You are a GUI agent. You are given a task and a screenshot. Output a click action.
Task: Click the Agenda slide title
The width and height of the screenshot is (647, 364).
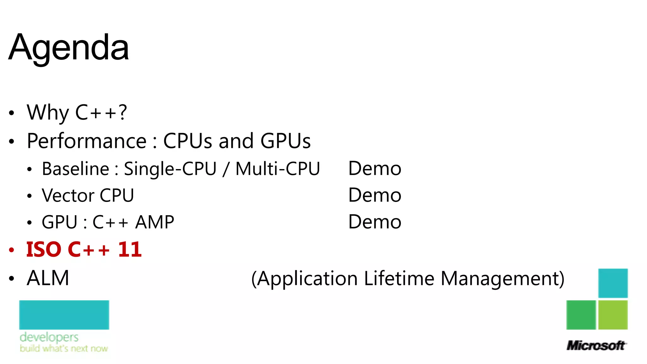pyautogui.click(x=69, y=47)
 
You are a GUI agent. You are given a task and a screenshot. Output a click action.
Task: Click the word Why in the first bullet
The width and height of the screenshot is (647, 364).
pyautogui.click(x=48, y=112)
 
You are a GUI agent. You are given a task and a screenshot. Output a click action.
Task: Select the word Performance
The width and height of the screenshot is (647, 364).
pyautogui.click(x=87, y=141)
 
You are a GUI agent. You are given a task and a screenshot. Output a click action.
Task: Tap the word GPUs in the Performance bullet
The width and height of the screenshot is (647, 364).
pyautogui.click(x=285, y=141)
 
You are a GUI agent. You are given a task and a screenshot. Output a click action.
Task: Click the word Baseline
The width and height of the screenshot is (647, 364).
pyautogui.click(x=76, y=169)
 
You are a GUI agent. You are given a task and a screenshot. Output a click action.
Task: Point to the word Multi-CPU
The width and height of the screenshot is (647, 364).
pyautogui.click(x=278, y=169)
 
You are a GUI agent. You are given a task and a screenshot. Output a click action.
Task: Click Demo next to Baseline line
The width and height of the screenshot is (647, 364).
pyautogui.click(x=375, y=168)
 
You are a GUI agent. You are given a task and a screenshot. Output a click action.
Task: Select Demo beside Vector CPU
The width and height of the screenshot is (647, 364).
pyautogui.click(x=375, y=195)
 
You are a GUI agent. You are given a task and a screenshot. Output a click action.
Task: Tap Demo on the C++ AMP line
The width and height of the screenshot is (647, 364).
pyautogui.click(x=375, y=222)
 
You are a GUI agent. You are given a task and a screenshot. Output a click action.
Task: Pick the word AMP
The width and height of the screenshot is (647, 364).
pyautogui.click(x=154, y=222)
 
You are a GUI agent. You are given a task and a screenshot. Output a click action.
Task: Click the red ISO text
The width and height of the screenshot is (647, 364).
pyautogui.click(x=44, y=250)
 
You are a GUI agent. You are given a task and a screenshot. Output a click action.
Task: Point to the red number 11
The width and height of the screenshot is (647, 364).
pyautogui.click(x=130, y=250)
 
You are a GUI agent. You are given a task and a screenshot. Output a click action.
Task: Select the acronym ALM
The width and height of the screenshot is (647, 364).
pyautogui.click(x=48, y=278)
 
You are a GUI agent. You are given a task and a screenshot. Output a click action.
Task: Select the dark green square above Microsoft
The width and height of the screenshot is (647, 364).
pyautogui.click(x=581, y=315)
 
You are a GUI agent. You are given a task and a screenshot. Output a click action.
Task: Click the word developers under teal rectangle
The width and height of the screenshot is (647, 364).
pyautogui.click(x=49, y=337)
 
